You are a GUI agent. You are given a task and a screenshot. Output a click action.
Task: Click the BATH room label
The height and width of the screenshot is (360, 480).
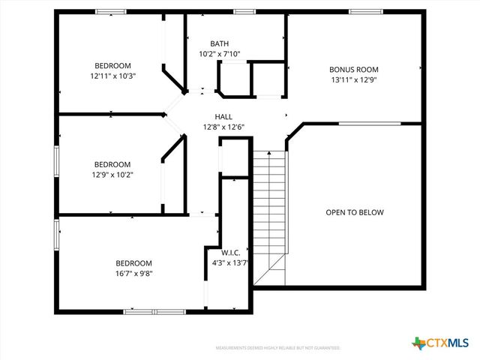(220, 43)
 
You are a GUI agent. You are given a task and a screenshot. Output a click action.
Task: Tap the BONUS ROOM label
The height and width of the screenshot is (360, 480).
(354, 69)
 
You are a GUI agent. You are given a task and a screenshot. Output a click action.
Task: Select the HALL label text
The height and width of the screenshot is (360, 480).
(223, 117)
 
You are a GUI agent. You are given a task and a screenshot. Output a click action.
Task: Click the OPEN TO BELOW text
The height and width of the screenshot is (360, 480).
(354, 212)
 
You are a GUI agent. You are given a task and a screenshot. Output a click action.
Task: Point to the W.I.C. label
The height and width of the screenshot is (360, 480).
(230, 253)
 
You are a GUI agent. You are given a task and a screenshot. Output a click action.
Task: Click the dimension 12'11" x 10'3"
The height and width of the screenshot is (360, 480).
(112, 75)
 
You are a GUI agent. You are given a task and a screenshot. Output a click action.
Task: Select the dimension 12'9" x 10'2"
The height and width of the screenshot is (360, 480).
(112, 175)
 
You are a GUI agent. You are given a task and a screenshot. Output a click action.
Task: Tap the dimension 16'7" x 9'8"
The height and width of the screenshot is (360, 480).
(133, 273)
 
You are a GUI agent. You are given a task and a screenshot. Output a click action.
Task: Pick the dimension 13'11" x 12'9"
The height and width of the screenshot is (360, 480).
(354, 79)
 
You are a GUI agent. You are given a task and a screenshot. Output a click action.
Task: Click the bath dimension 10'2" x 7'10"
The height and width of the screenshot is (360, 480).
(220, 54)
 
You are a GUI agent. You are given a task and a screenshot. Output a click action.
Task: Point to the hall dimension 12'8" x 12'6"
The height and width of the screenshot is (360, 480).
(223, 127)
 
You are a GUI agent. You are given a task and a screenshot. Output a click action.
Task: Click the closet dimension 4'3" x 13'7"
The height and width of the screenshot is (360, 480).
(230, 262)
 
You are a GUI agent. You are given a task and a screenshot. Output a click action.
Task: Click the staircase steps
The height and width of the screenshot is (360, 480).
(269, 210)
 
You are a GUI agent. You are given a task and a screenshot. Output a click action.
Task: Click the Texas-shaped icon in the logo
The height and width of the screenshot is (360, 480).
(418, 343)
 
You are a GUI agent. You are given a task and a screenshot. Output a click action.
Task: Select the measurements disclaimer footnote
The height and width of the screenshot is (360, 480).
(278, 348)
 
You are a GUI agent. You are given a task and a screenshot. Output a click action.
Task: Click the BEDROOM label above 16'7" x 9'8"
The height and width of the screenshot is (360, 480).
(133, 263)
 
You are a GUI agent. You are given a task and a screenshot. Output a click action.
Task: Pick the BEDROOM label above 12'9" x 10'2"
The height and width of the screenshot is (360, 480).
(112, 165)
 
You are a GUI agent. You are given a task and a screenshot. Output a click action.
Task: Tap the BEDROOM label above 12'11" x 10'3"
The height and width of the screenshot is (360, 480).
(112, 65)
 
